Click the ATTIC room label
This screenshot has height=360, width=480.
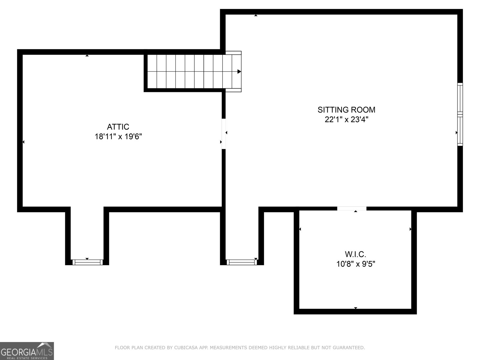coord(118,127)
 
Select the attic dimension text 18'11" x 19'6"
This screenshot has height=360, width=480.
coord(118,137)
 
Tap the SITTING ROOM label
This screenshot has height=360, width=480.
coord(346,109)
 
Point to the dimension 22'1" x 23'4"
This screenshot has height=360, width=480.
coord(346,120)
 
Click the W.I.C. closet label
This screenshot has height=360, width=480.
coord(355,254)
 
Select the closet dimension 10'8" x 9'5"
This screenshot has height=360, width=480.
coord(355,264)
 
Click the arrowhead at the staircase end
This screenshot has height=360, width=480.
coord(239,71)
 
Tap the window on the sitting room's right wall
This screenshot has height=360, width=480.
coord(460,114)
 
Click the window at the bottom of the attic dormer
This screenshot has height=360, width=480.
coord(87,262)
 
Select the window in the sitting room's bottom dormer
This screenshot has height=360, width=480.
coord(242,262)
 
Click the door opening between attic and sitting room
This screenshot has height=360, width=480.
coord(223,134)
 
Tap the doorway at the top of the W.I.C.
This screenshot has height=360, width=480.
coord(352,208)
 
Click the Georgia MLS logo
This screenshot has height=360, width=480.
coord(27,351)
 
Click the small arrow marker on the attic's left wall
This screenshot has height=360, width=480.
coord(23,142)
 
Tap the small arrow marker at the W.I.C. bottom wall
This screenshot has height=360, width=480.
coord(355,308)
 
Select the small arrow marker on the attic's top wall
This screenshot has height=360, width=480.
coord(87,55)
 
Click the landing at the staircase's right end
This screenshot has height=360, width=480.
coord(233,71)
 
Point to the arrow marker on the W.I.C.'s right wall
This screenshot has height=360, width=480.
coord(410,229)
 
